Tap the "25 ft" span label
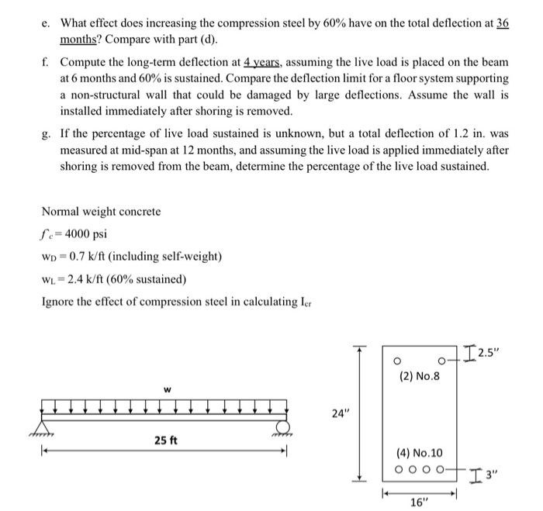[165, 440]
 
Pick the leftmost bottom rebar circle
[399, 469]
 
